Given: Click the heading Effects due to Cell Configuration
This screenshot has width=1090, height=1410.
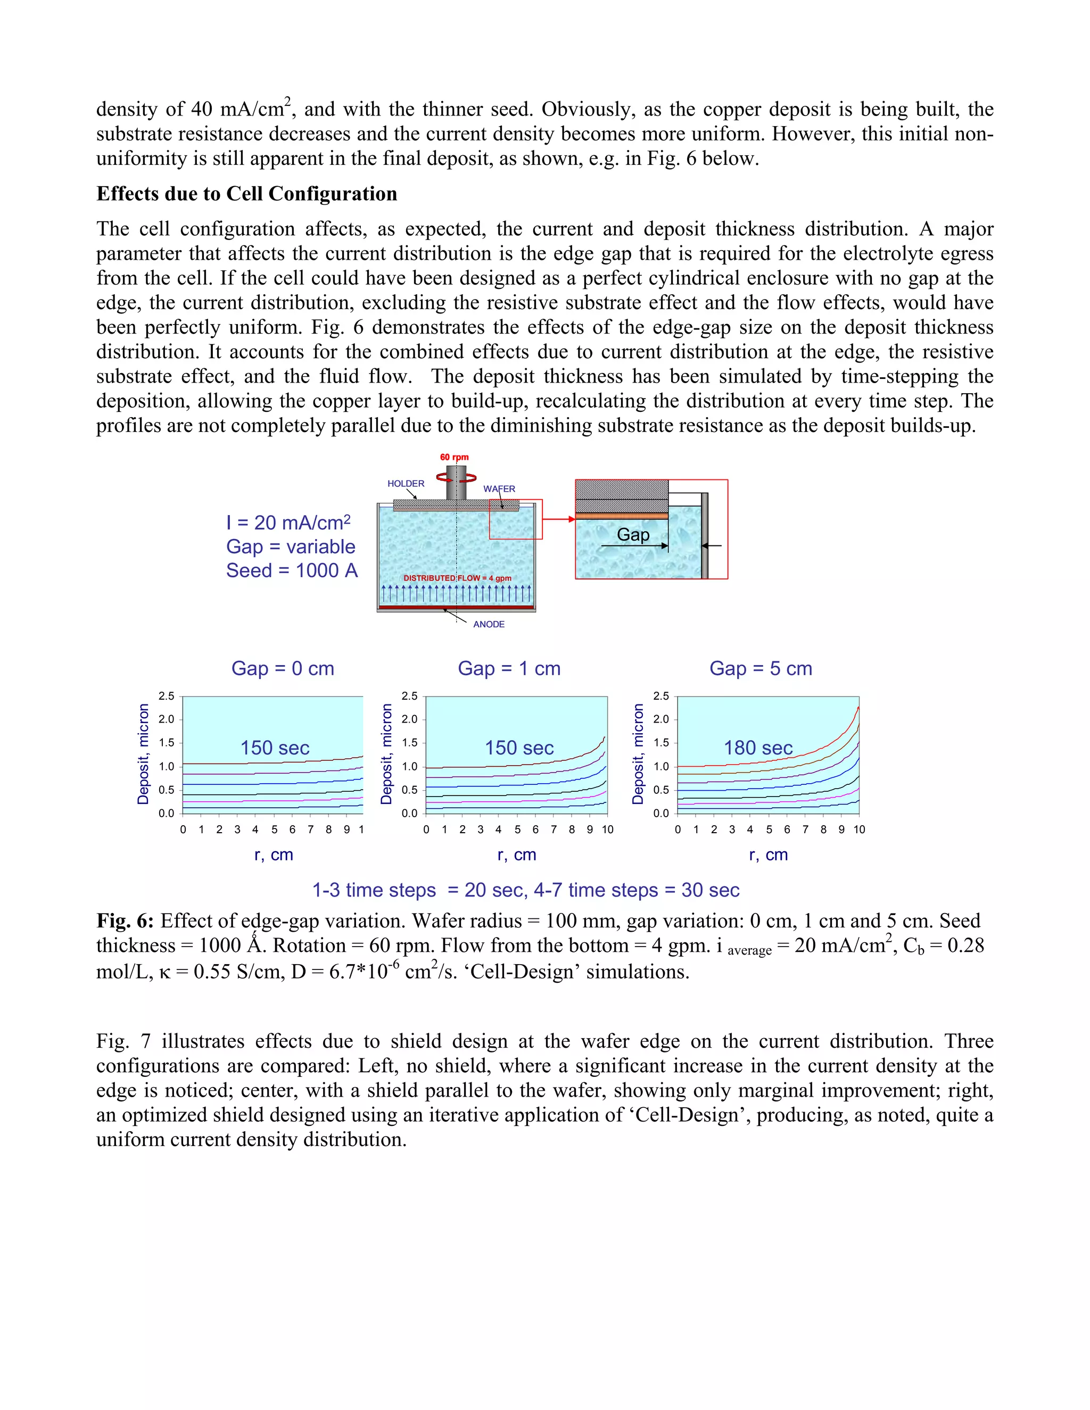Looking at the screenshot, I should tap(246, 194).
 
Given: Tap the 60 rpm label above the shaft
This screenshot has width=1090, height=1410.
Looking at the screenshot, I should tap(454, 457).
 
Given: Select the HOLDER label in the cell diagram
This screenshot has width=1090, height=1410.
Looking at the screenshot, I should tap(406, 484).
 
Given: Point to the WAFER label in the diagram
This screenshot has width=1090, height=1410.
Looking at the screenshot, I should tap(499, 489).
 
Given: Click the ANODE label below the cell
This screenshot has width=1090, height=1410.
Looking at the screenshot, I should tap(489, 624).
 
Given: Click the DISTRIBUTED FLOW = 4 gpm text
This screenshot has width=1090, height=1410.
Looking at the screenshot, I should tap(457, 578).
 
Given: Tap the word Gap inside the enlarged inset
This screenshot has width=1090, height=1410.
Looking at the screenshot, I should tap(633, 535).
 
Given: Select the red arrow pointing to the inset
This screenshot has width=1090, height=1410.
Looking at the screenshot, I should tap(559, 519).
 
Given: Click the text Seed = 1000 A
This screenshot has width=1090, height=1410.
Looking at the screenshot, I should tap(292, 571).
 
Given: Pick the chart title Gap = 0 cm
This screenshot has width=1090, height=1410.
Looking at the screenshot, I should tap(283, 668).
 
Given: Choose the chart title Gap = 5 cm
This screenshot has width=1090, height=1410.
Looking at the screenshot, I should tap(761, 668).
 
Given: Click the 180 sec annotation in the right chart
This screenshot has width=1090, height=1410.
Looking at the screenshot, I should tap(758, 748).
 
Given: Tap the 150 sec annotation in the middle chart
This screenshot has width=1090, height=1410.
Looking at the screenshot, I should tap(519, 748).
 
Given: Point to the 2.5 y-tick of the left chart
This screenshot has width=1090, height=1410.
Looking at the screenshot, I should tap(167, 696).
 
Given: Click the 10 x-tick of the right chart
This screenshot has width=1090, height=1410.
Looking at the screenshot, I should tap(859, 830).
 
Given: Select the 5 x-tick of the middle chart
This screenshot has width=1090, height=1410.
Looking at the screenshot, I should tap(517, 830).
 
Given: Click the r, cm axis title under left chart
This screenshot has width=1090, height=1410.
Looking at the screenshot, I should tap(274, 855).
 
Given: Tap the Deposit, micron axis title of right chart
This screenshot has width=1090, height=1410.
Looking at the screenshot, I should tap(638, 754).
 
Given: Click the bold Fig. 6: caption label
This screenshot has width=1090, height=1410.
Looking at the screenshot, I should tap(125, 920).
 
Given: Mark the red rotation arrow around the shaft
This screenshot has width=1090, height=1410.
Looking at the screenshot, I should tap(456, 478).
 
